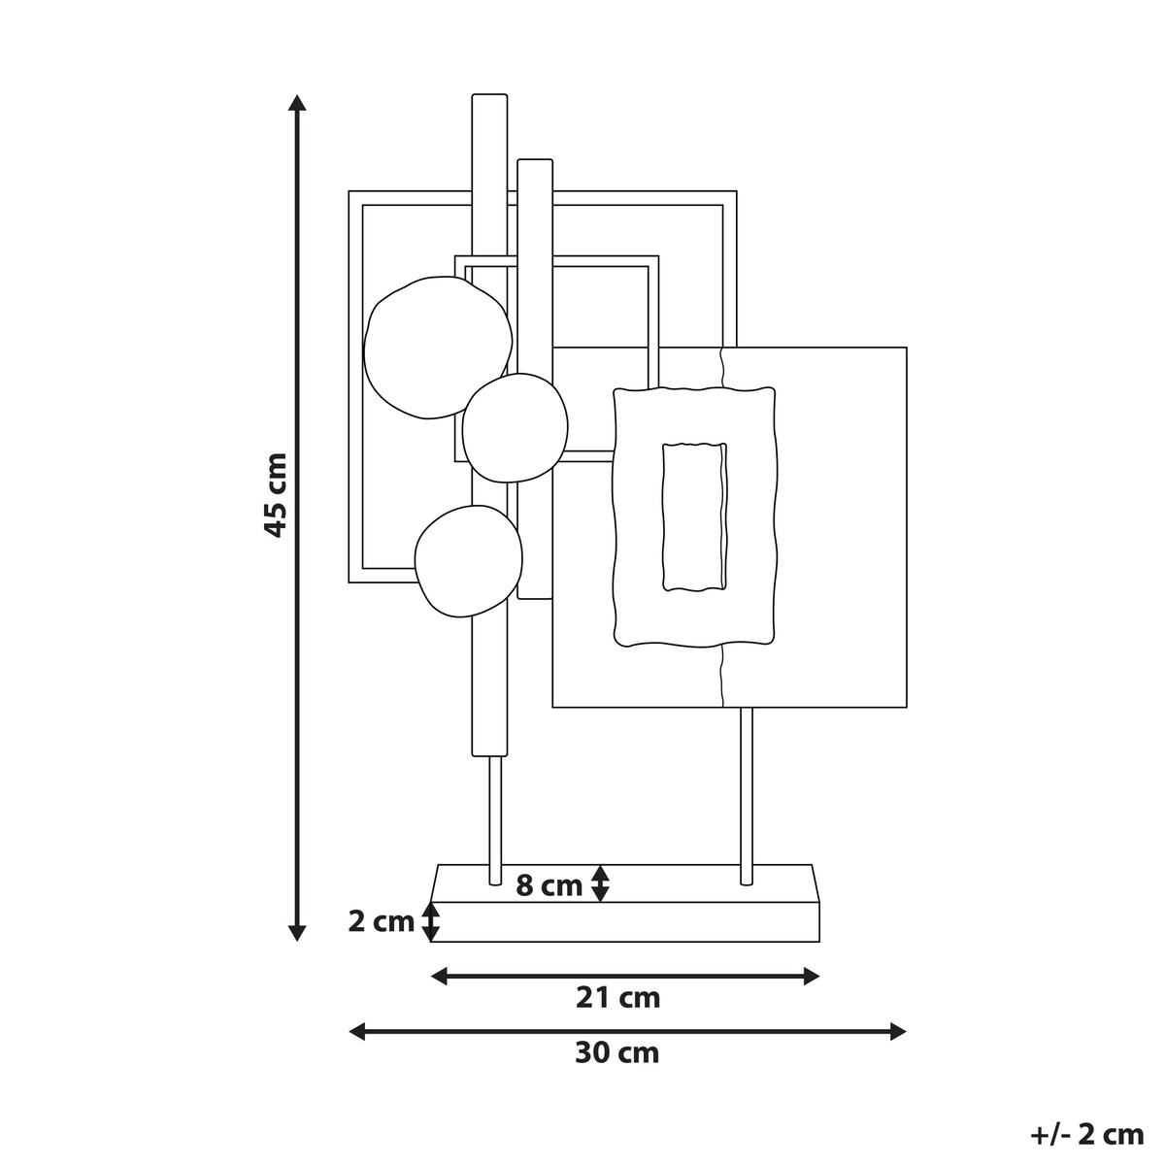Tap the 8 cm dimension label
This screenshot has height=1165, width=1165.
(549, 886)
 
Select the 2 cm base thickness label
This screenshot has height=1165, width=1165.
(381, 922)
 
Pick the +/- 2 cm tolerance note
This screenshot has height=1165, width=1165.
(1087, 1135)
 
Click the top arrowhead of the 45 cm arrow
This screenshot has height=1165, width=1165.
(296, 102)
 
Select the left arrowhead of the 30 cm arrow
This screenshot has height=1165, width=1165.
(358, 1031)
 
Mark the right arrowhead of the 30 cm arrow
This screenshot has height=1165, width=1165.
(898, 1031)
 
